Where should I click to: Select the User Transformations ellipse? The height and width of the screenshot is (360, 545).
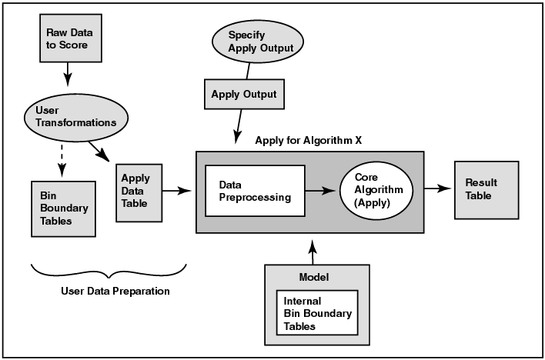point(74,117)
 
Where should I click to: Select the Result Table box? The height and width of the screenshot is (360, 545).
point(481,189)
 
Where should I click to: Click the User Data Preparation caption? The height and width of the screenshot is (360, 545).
point(115,292)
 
